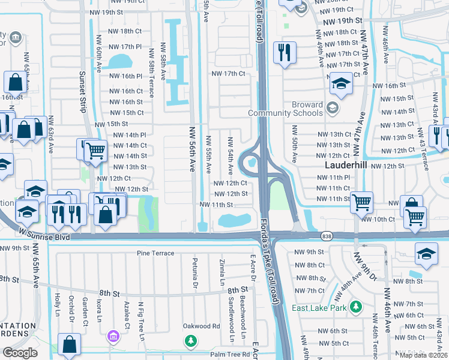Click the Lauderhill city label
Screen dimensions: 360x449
pyautogui.click(x=346, y=164)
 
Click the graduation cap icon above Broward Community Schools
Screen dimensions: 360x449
pyautogui.click(x=340, y=85)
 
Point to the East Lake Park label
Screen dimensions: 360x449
pyautogui.click(x=320, y=308)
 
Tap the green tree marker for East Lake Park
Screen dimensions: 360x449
pyautogui.click(x=356, y=307)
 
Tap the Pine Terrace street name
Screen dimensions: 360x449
pyautogui.click(x=155, y=253)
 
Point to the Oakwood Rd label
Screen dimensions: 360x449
pyautogui.click(x=201, y=326)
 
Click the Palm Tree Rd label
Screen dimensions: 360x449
pyautogui.click(x=230, y=354)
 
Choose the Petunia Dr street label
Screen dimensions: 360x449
pyautogui.click(x=195, y=271)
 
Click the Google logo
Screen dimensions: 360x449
pyautogui.click(x=20, y=353)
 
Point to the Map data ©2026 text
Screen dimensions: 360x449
pyautogui.click(x=423, y=355)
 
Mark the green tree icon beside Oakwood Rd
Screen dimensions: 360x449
pyautogui.click(x=191, y=341)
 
